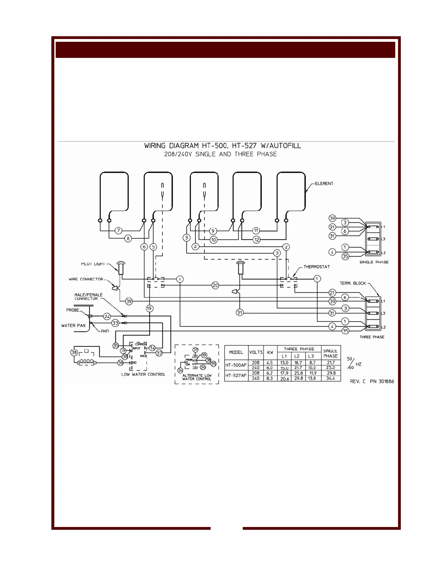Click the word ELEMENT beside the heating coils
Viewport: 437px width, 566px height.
(324, 184)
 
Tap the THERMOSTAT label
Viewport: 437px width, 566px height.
(317, 267)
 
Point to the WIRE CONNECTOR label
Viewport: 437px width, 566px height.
(86, 279)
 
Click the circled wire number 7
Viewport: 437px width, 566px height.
(119, 231)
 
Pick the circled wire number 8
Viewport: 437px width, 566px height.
(127, 238)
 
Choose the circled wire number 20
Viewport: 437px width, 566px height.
(215, 286)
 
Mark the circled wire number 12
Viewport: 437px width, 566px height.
(256, 239)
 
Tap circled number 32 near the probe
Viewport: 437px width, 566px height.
(107, 316)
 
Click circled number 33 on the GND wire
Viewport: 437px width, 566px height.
(115, 323)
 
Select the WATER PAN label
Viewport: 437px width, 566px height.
(74, 326)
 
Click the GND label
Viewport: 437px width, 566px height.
(105, 331)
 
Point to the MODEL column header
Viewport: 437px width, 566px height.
(236, 352)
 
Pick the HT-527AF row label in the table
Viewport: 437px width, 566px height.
(236, 376)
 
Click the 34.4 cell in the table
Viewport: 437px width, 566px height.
(331, 378)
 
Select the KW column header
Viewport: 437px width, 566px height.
(270, 352)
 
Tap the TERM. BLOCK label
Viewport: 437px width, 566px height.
(353, 283)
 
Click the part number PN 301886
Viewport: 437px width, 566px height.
(382, 382)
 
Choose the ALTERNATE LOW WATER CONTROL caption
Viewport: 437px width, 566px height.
(197, 377)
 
